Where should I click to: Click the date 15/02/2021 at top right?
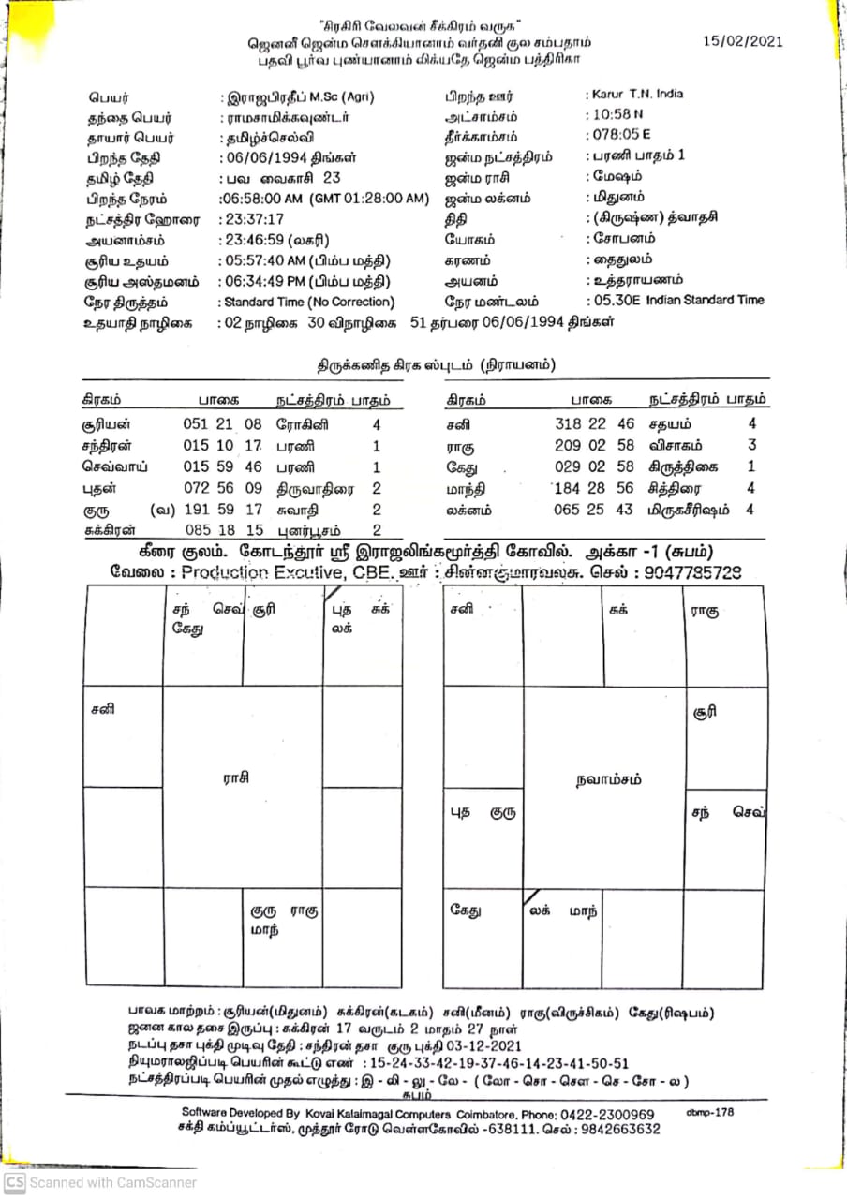[742, 42]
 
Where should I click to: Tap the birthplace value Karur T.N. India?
[636, 95]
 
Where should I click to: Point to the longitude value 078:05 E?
[619, 136]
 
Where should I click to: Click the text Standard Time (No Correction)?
[308, 303]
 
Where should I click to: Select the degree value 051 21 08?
[223, 424]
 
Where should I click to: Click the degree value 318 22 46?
[595, 424]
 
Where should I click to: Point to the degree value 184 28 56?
[595, 488]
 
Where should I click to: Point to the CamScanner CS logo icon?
[14, 1182]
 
